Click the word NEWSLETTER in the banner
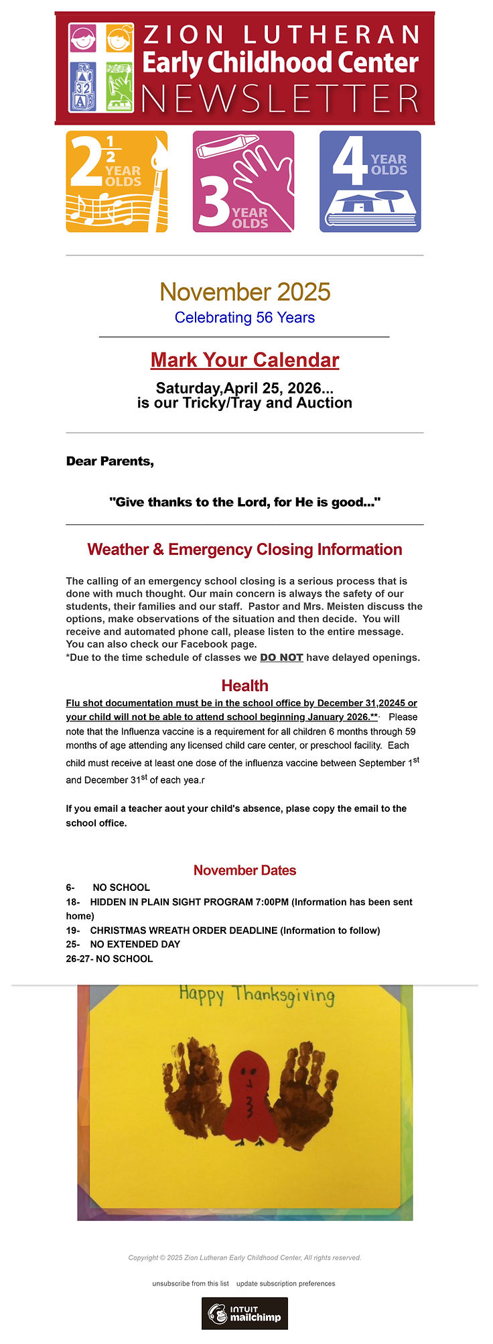[x=280, y=99]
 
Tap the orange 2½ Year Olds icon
[x=117, y=182]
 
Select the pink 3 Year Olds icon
[x=243, y=182]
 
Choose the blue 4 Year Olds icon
[x=370, y=182]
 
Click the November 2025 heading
[x=244, y=292]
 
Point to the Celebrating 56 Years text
[x=244, y=317]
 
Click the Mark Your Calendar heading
[x=244, y=360]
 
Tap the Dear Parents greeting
[x=110, y=461]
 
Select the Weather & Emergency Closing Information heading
[x=244, y=550]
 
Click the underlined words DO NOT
[x=281, y=658]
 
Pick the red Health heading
[x=244, y=686]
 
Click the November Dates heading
[x=244, y=870]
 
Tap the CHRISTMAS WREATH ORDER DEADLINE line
[x=234, y=930]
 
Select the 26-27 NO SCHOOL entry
[x=109, y=959]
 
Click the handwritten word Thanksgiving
[x=284, y=995]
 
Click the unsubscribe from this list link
[x=190, y=1284]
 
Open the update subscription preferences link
[x=285, y=1284]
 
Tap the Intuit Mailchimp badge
[x=244, y=1313]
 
